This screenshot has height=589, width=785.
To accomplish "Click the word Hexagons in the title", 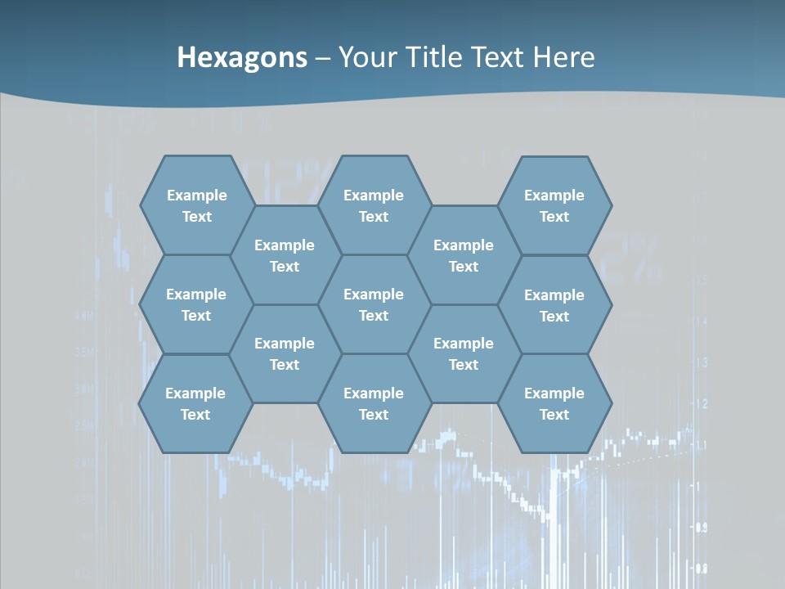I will tap(242, 57).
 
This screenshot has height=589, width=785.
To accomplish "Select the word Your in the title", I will tap(366, 57).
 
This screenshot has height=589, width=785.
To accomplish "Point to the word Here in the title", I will tap(563, 57).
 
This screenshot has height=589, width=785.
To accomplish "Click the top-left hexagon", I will tap(196, 205).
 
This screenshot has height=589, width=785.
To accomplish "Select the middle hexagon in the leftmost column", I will tap(196, 304).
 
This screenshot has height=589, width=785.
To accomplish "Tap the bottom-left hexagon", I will tap(195, 403).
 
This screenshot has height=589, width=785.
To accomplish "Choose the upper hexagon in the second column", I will tap(285, 255).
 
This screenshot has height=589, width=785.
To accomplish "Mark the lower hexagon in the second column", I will tap(285, 353).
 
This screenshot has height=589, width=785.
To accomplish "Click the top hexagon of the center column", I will tap(374, 205).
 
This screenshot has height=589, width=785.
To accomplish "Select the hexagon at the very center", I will tap(374, 304).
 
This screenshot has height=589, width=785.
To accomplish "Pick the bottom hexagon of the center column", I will tap(374, 403).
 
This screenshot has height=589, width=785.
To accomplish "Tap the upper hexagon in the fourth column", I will tap(464, 255).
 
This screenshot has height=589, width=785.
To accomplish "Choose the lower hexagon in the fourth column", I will tap(464, 353).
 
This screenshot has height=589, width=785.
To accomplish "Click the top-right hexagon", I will tap(554, 205).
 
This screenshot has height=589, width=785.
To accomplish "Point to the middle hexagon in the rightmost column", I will tap(554, 305).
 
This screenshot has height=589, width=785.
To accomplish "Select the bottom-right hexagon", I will tap(554, 403).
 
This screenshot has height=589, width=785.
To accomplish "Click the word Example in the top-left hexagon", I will tap(196, 196).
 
